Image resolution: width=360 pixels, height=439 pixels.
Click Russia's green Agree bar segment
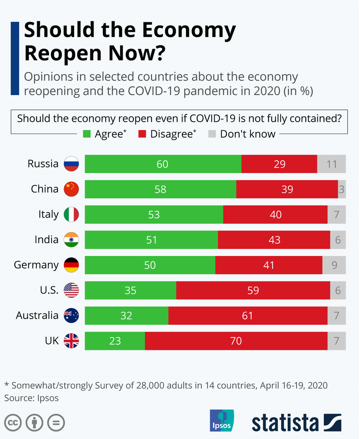(163, 164)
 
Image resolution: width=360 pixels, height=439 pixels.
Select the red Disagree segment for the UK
(236, 341)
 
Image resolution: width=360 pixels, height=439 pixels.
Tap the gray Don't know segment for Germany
(334, 265)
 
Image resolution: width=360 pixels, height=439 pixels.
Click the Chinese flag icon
(71, 189)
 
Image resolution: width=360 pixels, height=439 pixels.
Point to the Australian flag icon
(71, 315)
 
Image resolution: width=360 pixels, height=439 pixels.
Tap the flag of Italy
(71, 214)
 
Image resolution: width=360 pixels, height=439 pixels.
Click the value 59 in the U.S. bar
(253, 290)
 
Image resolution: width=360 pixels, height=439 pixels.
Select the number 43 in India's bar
(274, 240)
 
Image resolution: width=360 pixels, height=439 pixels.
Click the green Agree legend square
(87, 134)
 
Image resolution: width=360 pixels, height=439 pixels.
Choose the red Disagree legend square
(142, 134)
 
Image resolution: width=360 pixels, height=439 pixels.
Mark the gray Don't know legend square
(212, 134)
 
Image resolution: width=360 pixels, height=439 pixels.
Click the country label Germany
(36, 265)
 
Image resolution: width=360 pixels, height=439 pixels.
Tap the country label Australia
(37, 315)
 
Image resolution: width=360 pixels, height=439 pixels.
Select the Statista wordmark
(285, 423)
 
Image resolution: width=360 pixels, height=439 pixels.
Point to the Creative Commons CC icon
(13, 423)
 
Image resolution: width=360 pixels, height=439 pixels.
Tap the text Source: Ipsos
(31, 398)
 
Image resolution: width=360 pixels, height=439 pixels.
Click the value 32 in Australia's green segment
(126, 315)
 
